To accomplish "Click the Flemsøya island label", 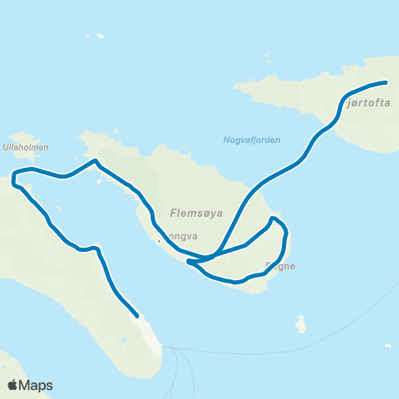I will (195, 211).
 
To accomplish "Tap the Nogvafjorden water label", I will (252, 140).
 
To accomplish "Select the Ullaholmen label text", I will (26, 147).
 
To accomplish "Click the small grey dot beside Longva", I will (158, 242).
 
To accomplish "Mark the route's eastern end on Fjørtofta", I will (387, 82).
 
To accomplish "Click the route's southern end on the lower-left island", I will (137, 315).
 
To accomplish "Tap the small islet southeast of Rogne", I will (302, 323).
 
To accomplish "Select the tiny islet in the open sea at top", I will (100, 36).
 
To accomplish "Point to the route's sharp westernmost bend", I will (12, 176).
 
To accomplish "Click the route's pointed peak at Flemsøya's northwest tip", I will (96, 160).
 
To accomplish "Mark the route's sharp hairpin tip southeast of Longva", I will (190, 262).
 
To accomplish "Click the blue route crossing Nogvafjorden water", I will (283, 170).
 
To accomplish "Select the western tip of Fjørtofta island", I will (236, 86).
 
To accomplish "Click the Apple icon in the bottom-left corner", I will (13, 385).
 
